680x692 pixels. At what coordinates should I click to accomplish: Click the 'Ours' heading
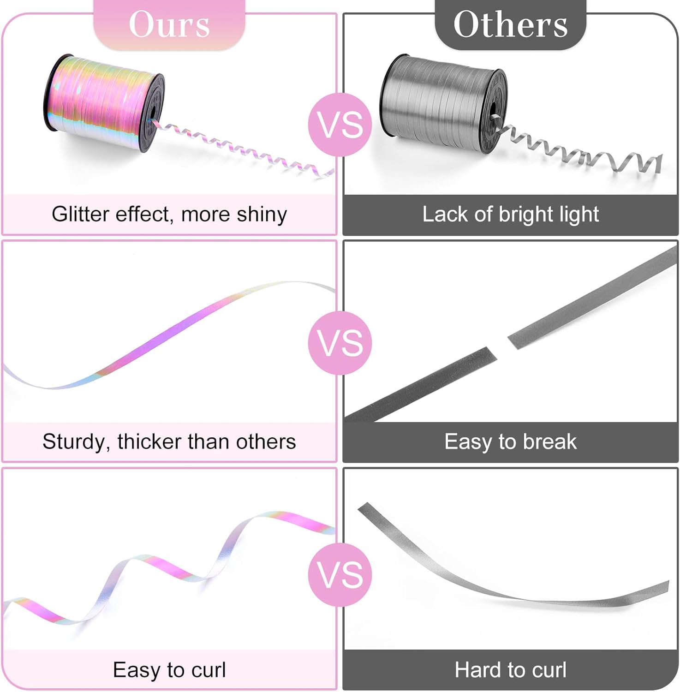[x=169, y=24]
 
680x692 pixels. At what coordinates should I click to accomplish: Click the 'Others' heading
[x=510, y=24]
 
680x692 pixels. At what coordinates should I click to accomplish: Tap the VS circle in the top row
[x=340, y=125]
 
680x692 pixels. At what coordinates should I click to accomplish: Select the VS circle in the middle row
[x=340, y=343]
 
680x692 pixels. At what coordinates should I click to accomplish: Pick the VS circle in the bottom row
[x=340, y=574]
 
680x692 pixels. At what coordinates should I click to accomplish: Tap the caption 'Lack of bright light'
[x=510, y=215]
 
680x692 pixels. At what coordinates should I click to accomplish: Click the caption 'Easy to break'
[x=510, y=442]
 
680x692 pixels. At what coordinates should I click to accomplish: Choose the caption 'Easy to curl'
[x=169, y=670]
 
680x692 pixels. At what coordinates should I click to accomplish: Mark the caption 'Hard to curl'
[x=510, y=670]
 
